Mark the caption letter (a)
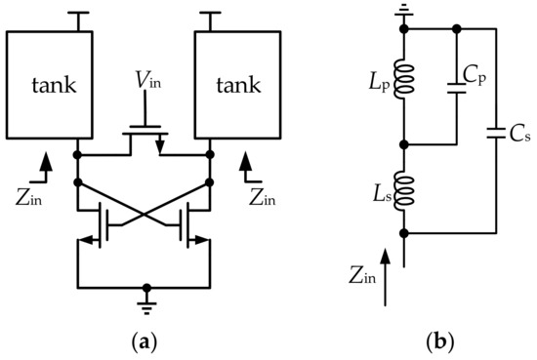pos(144,343)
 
